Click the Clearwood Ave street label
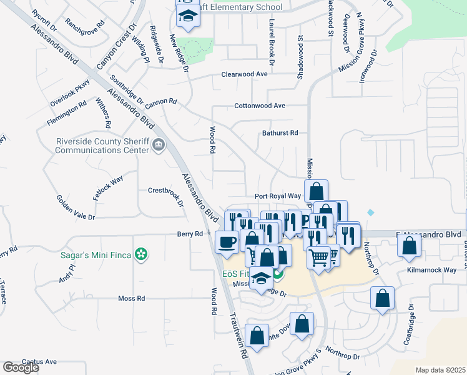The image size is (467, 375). [x=244, y=74]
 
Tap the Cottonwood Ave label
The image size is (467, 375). [x=259, y=106]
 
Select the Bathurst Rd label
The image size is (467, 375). [x=280, y=132]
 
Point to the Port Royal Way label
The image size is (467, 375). [x=278, y=196]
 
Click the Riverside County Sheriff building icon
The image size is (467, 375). [x=159, y=146]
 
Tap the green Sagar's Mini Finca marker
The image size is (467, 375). [x=142, y=254]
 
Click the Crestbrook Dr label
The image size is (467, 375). [x=165, y=190]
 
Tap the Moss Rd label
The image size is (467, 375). [x=131, y=299]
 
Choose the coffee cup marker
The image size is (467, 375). [x=226, y=241]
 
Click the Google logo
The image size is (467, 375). [x=21, y=368]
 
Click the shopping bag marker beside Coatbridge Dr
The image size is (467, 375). [x=381, y=298]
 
